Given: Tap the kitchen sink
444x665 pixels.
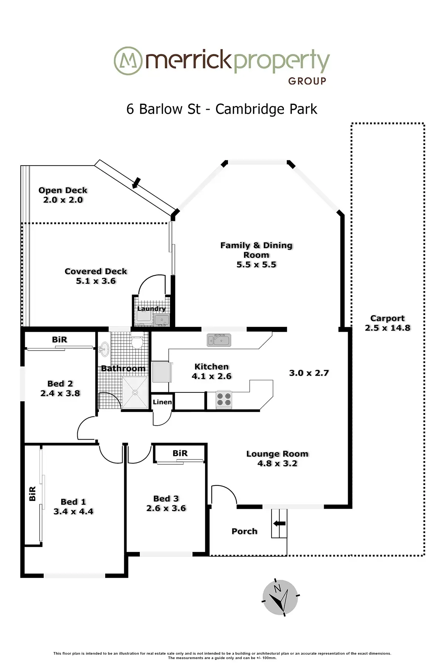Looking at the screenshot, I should (x=219, y=340).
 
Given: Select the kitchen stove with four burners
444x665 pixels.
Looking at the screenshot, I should (x=223, y=399).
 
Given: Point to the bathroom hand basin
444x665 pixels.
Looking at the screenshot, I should (x=105, y=348).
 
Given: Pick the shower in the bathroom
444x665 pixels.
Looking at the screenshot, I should (x=135, y=392).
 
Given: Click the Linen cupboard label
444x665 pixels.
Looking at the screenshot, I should (x=162, y=402).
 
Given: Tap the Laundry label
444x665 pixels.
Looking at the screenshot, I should (x=151, y=308).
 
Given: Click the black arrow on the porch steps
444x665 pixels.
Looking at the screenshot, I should (x=279, y=523).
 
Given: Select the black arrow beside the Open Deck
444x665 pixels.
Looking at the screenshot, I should (x=137, y=183).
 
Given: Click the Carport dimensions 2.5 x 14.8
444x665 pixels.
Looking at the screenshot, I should (x=388, y=328).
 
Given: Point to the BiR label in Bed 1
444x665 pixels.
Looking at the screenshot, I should (x=33, y=494).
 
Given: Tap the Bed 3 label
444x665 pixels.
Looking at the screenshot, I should (x=166, y=499).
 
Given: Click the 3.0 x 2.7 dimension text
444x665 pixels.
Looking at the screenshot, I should (x=309, y=373).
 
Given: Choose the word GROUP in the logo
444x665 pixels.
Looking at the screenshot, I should (x=307, y=81).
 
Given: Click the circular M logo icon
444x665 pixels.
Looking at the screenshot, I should (x=128, y=61).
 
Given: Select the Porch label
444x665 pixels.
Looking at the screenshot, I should (x=244, y=531).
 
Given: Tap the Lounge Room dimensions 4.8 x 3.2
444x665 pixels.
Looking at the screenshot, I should (x=277, y=464).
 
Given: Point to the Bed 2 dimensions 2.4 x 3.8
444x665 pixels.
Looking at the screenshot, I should (x=60, y=393).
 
